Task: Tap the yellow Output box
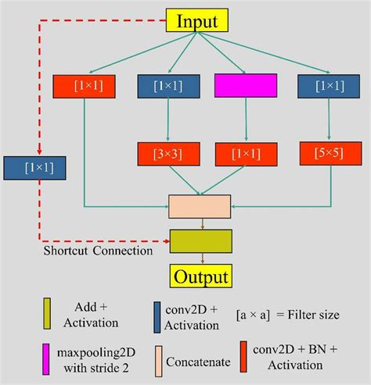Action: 201,276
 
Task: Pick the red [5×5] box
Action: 322,154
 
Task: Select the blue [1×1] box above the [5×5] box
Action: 322,86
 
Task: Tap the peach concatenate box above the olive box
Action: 200,206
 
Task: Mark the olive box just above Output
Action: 200,241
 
